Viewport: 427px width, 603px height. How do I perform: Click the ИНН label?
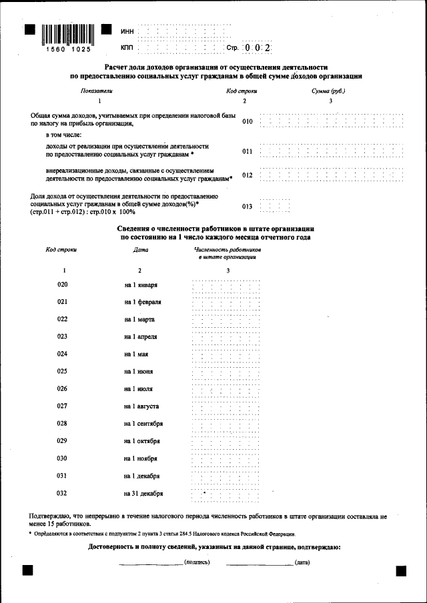[127, 32]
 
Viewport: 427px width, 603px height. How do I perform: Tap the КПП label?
[127, 49]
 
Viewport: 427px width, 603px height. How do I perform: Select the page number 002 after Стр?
[257, 48]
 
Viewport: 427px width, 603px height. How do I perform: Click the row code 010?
[248, 122]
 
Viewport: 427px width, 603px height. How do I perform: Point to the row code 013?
[248, 207]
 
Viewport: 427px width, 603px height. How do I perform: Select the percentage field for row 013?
[274, 207]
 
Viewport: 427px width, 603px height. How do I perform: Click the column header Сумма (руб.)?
[328, 91]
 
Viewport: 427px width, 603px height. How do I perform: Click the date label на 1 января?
[141, 285]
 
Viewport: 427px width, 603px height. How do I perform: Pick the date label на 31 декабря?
[143, 494]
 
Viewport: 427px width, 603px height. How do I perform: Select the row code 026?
[63, 388]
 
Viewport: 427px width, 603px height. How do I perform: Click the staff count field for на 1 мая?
[226, 354]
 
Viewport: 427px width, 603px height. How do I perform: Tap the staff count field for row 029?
[226, 441]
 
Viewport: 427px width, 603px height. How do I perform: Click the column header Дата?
[141, 250]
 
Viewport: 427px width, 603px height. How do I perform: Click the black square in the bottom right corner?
[401, 571]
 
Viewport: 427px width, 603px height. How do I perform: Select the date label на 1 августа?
[141, 406]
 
